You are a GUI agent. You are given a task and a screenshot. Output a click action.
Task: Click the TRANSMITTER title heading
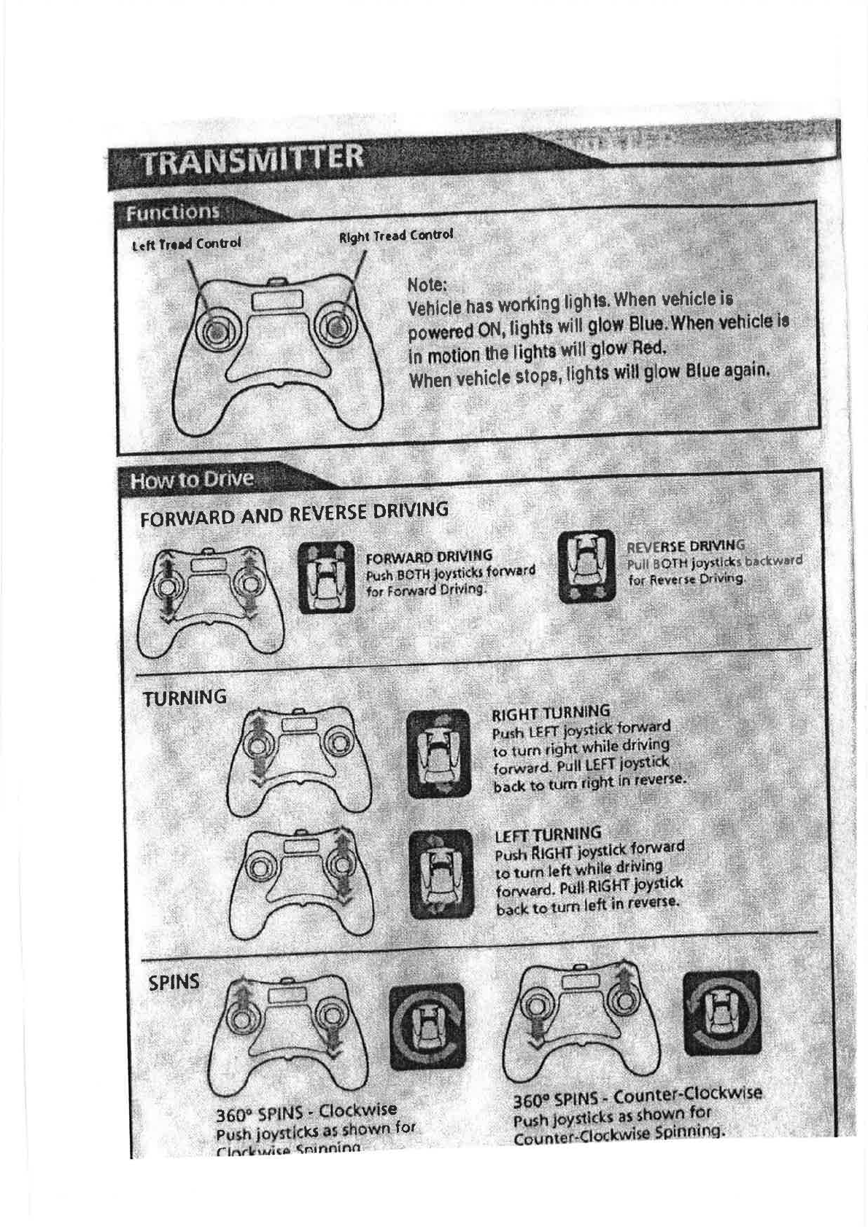tap(252, 159)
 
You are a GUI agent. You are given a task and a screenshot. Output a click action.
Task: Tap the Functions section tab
tap(173, 212)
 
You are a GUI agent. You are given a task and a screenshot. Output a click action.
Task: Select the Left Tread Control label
tap(186, 244)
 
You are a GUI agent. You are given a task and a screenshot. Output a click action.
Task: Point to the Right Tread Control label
tap(396, 235)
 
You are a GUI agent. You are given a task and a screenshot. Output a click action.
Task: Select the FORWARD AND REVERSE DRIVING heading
tap(294, 513)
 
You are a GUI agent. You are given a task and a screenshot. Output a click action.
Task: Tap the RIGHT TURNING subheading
tap(551, 712)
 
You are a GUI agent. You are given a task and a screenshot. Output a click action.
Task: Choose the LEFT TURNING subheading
tap(548, 834)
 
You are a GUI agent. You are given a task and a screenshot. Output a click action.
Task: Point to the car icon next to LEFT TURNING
tap(441, 873)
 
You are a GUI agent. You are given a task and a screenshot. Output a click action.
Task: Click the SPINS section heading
tap(174, 982)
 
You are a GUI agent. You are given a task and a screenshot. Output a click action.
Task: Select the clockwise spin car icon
tap(426, 1026)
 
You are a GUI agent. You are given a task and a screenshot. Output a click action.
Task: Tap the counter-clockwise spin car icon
tap(721, 1013)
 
